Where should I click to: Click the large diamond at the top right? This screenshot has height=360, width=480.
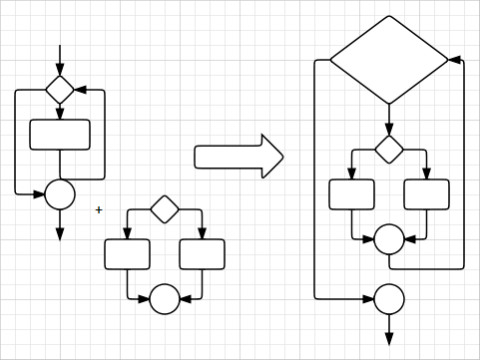(x=389, y=60)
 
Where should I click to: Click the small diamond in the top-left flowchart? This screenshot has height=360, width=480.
(x=60, y=90)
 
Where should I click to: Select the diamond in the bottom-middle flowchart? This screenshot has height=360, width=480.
(x=165, y=209)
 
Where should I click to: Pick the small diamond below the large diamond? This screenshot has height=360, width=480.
(x=389, y=150)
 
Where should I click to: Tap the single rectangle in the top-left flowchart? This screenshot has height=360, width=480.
(x=60, y=135)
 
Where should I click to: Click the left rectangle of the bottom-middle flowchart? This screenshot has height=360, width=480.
(x=127, y=254)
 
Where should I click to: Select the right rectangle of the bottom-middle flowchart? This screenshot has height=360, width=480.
(x=202, y=254)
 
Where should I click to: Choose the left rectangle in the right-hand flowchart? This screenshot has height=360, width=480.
(x=351, y=194)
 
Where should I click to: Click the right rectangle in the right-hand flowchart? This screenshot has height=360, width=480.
(x=426, y=194)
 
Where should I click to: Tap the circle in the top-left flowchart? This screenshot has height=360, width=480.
(x=60, y=194)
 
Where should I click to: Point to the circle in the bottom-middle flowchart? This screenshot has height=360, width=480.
(x=165, y=299)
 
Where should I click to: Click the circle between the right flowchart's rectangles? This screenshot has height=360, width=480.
(x=389, y=239)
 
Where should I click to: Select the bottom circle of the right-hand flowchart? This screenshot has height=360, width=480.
(x=389, y=299)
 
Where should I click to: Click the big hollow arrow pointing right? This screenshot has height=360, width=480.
(x=239, y=157)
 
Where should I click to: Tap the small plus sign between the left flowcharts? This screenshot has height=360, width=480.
(x=99, y=209)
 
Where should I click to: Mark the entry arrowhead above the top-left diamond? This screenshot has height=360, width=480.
(x=60, y=69)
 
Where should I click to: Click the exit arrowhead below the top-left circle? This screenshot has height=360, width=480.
(x=60, y=233)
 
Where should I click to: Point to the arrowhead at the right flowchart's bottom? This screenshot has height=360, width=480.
(x=389, y=339)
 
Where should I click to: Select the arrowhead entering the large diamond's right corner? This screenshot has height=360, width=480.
(x=455, y=60)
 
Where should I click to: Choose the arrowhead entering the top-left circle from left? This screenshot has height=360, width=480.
(x=39, y=194)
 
